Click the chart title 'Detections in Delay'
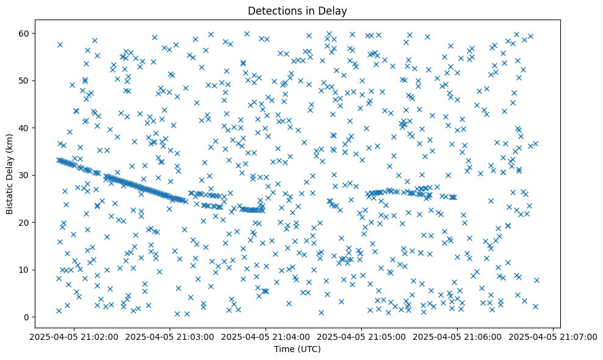pos(297,10)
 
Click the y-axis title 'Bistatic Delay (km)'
pos(10,175)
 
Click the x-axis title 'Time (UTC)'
pos(297,350)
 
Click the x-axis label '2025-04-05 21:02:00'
pos(74,336)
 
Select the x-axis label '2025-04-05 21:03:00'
pos(170,336)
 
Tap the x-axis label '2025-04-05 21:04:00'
pos(266,336)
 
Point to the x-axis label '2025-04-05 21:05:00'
pos(362,336)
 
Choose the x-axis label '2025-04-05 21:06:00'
pos(458,336)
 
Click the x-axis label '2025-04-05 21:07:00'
pos(554,336)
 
